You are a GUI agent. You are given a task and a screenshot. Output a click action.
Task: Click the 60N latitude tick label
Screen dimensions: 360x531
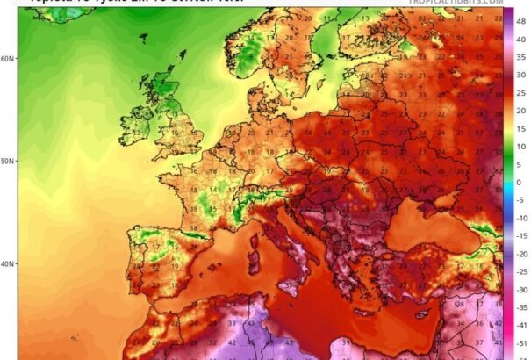[7, 59]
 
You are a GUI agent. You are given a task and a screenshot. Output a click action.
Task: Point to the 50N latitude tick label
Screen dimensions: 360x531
[7, 162]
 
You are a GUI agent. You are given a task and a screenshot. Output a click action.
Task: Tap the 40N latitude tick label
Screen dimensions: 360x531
[7, 264]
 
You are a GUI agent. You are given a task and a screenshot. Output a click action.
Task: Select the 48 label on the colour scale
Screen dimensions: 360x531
[520, 18]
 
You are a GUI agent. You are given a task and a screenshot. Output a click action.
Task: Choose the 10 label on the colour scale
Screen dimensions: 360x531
[520, 147]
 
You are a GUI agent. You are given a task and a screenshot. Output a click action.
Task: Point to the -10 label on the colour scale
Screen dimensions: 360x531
[520, 218]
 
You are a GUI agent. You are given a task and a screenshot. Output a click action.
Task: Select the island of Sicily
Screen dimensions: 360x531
[303, 282]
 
